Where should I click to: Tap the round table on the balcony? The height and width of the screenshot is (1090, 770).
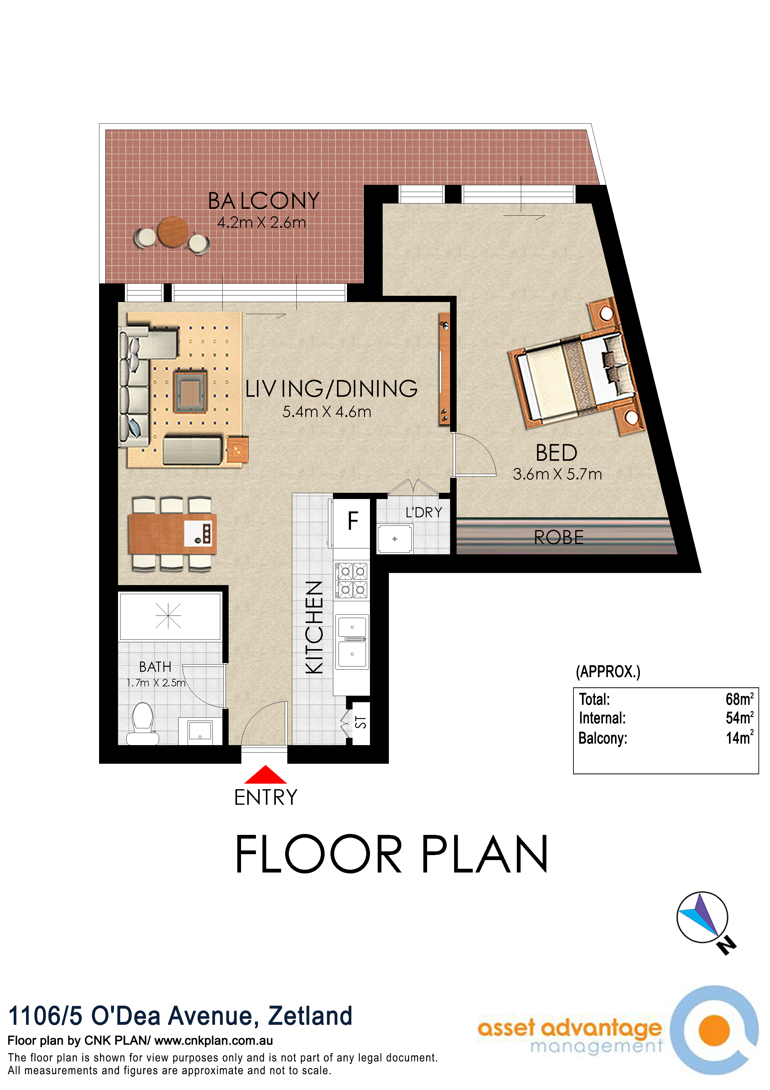click(x=173, y=232)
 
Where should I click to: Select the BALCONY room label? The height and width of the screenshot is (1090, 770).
click(x=264, y=201)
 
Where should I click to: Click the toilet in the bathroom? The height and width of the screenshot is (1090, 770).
click(x=142, y=723)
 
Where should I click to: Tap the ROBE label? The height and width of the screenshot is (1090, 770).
click(x=558, y=538)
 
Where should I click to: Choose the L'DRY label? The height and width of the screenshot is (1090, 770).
click(x=424, y=512)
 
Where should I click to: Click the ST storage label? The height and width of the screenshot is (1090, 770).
click(x=361, y=722)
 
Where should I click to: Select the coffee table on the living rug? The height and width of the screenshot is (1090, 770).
click(x=190, y=392)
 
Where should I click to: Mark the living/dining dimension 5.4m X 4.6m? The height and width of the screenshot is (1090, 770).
click(x=326, y=412)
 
